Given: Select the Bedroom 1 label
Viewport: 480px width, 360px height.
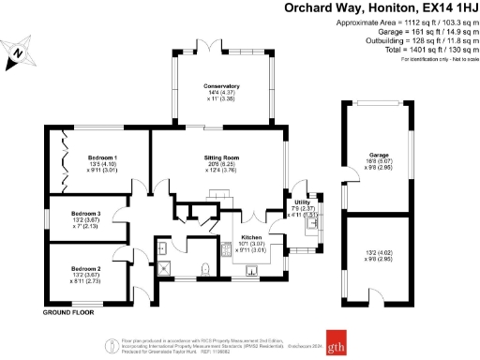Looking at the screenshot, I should (x=101, y=157).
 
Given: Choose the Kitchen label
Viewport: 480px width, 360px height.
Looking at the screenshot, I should (x=250, y=238).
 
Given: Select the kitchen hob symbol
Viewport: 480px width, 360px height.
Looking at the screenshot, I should (x=225, y=251).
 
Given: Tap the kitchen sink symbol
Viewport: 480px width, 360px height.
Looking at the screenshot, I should (x=252, y=272).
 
